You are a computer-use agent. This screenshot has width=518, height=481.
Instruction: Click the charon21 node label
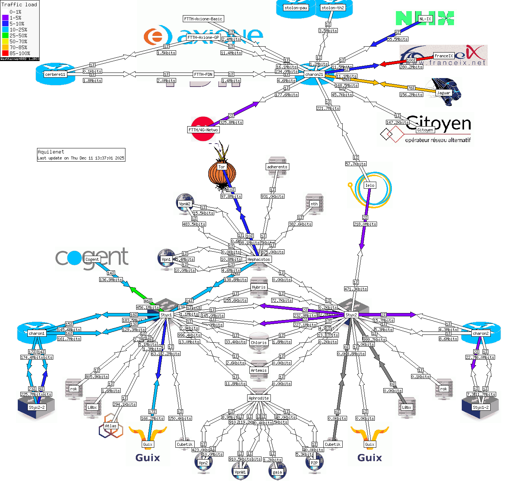(x=314, y=74)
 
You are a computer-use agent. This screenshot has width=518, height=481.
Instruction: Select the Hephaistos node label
(x=259, y=259)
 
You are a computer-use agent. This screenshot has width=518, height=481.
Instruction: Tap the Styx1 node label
(x=166, y=315)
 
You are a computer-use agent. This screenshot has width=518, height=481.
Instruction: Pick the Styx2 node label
(x=351, y=315)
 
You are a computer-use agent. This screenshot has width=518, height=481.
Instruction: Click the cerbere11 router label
(x=55, y=74)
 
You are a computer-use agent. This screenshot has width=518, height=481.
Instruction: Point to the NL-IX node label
(x=425, y=19)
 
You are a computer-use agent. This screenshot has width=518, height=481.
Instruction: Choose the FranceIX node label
(x=444, y=56)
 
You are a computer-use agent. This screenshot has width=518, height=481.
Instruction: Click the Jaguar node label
(x=444, y=93)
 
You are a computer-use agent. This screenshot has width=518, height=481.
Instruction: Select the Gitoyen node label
(x=425, y=130)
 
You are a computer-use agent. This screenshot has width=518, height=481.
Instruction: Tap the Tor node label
(x=222, y=167)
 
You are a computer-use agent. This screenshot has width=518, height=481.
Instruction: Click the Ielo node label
(x=370, y=185)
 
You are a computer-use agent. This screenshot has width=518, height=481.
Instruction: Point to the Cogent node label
(x=92, y=259)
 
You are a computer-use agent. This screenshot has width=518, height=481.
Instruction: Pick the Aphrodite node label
(x=259, y=398)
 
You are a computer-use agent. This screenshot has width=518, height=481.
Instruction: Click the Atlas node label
(x=111, y=426)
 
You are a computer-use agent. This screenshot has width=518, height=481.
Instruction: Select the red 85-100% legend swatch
(x=5, y=53)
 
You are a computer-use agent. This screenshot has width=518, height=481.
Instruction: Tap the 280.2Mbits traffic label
(x=411, y=67)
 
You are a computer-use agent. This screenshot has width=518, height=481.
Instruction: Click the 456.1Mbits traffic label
(x=148, y=307)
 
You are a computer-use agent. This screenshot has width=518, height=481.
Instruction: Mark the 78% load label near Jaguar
(x=411, y=88)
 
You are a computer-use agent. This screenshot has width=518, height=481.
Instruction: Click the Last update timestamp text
(x=81, y=158)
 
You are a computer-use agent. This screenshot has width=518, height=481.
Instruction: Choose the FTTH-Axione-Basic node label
(x=203, y=19)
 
